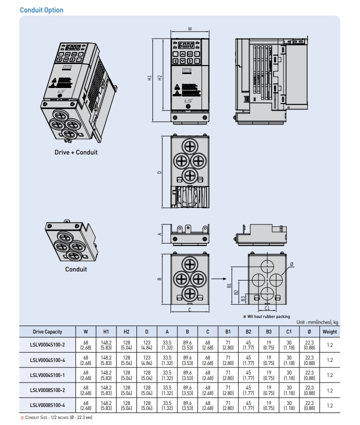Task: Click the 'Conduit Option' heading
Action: pyautogui.click(x=41, y=10)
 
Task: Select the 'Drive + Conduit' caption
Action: pyautogui.click(x=76, y=152)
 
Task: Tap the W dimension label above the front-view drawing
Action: pyautogui.click(x=189, y=29)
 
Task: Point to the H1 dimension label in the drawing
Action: pyautogui.click(x=149, y=78)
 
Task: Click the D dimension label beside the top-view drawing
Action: pyautogui.click(x=159, y=172)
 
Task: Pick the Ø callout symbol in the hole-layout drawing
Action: pyautogui.click(x=291, y=264)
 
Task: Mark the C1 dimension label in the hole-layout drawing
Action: pyautogui.click(x=267, y=308)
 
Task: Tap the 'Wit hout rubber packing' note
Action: pyautogui.click(x=269, y=316)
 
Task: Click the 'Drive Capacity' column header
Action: pyautogui.click(x=47, y=331)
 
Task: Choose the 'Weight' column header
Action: pyautogui.click(x=329, y=331)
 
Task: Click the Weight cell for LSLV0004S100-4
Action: pyautogui.click(x=329, y=360)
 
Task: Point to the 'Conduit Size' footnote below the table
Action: pyautogui.click(x=56, y=417)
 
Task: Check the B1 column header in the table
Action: pyautogui.click(x=228, y=331)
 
